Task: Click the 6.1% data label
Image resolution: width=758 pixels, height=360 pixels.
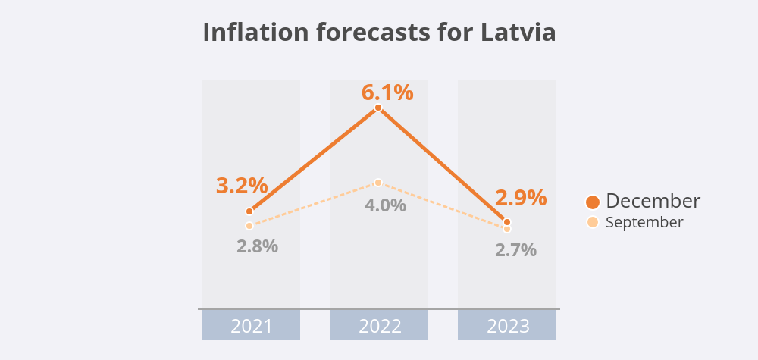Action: click(x=387, y=92)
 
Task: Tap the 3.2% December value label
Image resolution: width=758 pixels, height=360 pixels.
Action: click(x=242, y=185)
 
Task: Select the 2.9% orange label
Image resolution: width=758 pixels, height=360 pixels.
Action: click(x=521, y=198)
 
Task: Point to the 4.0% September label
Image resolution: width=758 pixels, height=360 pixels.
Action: click(x=386, y=205)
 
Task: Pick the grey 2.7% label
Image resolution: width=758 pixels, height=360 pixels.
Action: click(x=515, y=249)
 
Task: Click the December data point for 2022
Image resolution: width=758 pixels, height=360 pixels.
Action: click(x=378, y=108)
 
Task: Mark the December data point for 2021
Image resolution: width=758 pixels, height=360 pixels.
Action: click(x=249, y=211)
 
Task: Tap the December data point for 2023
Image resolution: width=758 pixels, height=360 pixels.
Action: click(x=507, y=222)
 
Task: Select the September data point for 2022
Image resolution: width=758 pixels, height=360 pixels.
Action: click(x=378, y=183)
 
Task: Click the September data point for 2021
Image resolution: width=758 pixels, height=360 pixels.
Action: click(x=249, y=226)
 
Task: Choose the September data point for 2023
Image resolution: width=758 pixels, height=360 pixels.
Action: click(x=507, y=229)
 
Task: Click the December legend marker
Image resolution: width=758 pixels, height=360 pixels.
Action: click(x=593, y=202)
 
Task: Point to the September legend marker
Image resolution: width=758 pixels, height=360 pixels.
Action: click(x=593, y=222)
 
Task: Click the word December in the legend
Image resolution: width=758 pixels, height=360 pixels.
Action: click(x=653, y=201)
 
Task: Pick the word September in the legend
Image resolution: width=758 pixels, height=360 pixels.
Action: click(x=644, y=222)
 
